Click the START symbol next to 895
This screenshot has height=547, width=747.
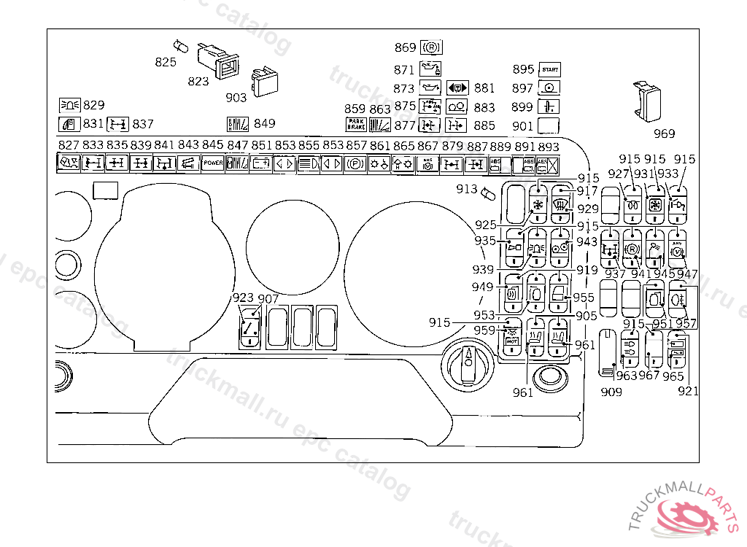pyautogui.click(x=549, y=70)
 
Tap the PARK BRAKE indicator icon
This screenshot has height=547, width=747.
pyautogui.click(x=355, y=124)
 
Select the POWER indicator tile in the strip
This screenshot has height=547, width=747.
pyautogui.click(x=213, y=163)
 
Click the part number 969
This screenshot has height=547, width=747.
pyautogui.click(x=664, y=133)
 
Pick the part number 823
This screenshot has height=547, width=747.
pyautogui.click(x=198, y=81)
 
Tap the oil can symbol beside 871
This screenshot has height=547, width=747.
pyautogui.click(x=430, y=69)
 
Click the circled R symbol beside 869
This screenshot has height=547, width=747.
pyautogui.click(x=431, y=48)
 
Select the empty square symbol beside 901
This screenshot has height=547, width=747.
pyautogui.click(x=549, y=125)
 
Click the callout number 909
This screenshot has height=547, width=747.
pyautogui.click(x=611, y=392)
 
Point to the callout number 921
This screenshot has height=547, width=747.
pyautogui.click(x=687, y=391)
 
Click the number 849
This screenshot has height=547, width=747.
pyautogui.click(x=265, y=123)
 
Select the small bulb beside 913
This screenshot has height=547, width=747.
pyautogui.click(x=488, y=193)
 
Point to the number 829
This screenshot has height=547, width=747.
pyautogui.click(x=93, y=105)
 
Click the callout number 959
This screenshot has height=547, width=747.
pyautogui.click(x=484, y=330)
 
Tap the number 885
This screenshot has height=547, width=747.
pyautogui.click(x=484, y=125)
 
